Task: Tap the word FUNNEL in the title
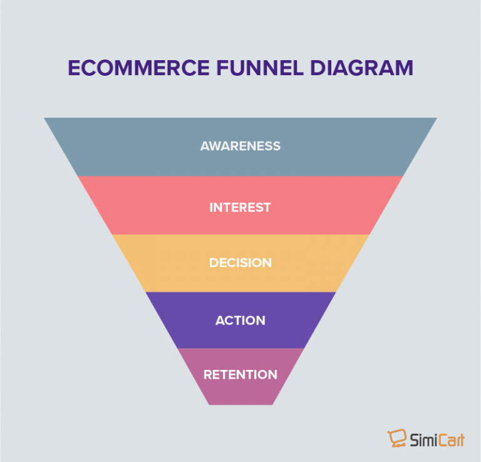pyautogui.click(x=249, y=68)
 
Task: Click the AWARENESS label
pyautogui.click(x=240, y=146)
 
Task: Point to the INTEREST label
pyautogui.click(x=240, y=207)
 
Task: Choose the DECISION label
pyautogui.click(x=240, y=263)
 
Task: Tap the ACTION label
pyautogui.click(x=240, y=320)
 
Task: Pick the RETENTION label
pyautogui.click(x=240, y=375)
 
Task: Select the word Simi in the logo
pyautogui.click(x=425, y=439)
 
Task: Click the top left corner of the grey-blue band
pyautogui.click(x=44, y=118)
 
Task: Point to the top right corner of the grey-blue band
pyautogui.click(x=436, y=118)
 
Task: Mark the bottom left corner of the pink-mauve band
pyautogui.click(x=209, y=404)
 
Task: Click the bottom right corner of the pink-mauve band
pyautogui.click(x=272, y=404)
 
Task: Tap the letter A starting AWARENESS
pyautogui.click(x=205, y=146)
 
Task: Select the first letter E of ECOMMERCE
pyautogui.click(x=73, y=68)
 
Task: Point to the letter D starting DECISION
pyautogui.click(x=214, y=263)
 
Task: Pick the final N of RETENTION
pyautogui.click(x=272, y=375)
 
